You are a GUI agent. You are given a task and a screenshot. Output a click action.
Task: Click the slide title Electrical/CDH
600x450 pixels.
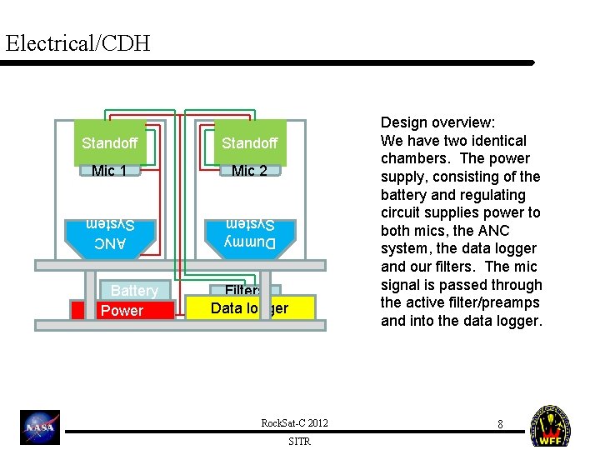(x=77, y=42)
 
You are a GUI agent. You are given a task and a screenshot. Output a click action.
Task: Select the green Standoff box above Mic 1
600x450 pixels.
(x=110, y=143)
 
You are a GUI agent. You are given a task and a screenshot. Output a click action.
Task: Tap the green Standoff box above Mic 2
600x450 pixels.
(x=250, y=143)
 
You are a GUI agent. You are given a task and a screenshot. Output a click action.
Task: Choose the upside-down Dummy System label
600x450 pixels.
(x=250, y=234)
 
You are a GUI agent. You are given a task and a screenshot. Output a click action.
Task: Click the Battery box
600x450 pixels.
(x=134, y=290)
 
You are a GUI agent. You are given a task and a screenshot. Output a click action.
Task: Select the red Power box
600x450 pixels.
(x=122, y=311)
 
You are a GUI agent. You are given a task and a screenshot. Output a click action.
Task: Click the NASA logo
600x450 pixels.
(x=41, y=427)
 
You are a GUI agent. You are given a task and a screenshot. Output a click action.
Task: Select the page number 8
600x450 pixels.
(x=500, y=424)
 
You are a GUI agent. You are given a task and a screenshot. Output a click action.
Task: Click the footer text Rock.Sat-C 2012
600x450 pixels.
(x=295, y=423)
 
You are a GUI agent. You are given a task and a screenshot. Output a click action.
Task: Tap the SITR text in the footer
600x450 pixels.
(x=299, y=442)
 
